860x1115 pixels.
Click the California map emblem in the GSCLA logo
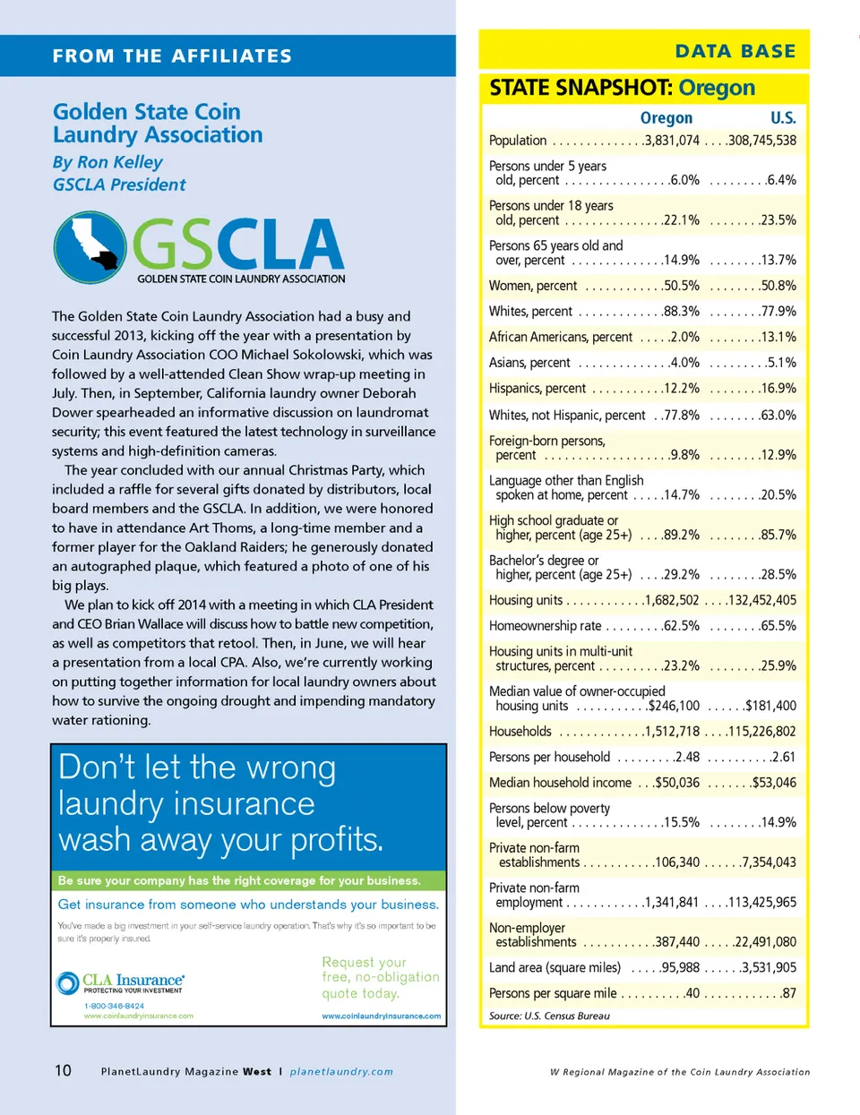(90, 246)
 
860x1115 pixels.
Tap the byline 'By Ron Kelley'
(107, 162)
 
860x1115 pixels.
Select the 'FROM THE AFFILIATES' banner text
(172, 56)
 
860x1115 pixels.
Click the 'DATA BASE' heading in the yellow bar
(735, 51)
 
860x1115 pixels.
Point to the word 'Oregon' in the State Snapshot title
(717, 88)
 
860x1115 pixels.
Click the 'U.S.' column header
(782, 118)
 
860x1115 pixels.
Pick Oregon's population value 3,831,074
(672, 141)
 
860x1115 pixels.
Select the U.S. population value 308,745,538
(761, 141)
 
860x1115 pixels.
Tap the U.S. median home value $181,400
(770, 706)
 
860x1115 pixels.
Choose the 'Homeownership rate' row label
(545, 626)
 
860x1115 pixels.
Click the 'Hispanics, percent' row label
(537, 389)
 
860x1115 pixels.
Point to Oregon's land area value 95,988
(680, 968)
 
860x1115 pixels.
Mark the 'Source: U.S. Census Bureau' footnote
(549, 1016)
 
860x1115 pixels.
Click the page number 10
(63, 1070)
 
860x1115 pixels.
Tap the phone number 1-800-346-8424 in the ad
(114, 1006)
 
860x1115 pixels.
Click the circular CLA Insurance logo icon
(67, 983)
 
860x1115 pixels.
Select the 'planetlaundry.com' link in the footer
(341, 1071)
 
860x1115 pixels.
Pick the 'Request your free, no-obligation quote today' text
(380, 977)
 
